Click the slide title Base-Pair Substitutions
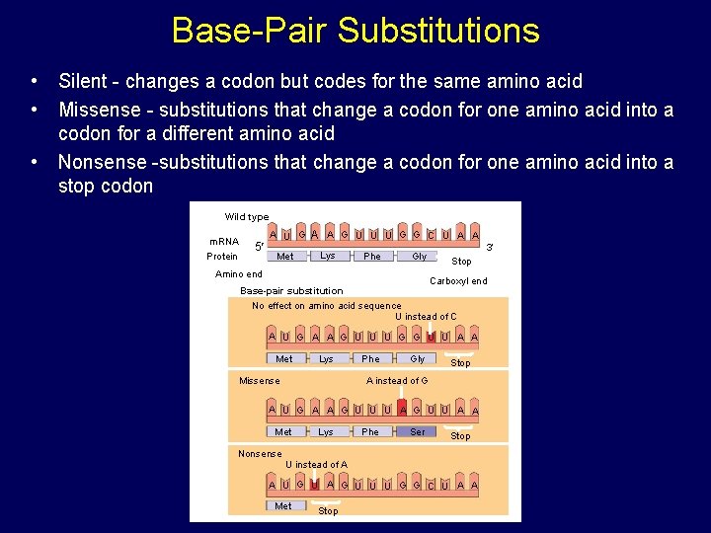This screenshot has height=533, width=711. (x=355, y=30)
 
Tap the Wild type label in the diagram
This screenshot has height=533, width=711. (x=246, y=217)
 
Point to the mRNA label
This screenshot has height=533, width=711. (x=223, y=241)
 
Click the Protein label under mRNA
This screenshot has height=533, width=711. (x=222, y=257)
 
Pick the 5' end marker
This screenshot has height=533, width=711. (x=258, y=246)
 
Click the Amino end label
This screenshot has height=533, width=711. (x=239, y=274)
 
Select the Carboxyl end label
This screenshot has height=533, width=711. (x=458, y=281)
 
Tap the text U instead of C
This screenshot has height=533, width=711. (x=426, y=317)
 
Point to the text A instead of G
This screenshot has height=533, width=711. (x=397, y=381)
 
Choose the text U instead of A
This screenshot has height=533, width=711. (x=316, y=465)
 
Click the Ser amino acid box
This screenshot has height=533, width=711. (x=418, y=432)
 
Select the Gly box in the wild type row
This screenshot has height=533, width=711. (x=419, y=257)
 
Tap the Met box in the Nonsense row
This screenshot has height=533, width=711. (x=283, y=506)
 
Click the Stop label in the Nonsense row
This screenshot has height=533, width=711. (x=328, y=511)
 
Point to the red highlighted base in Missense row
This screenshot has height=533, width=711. (x=402, y=410)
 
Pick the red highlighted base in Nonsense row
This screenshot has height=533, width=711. (x=313, y=485)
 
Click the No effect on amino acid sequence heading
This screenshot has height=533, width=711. (x=326, y=306)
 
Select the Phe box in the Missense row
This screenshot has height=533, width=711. (x=370, y=432)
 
